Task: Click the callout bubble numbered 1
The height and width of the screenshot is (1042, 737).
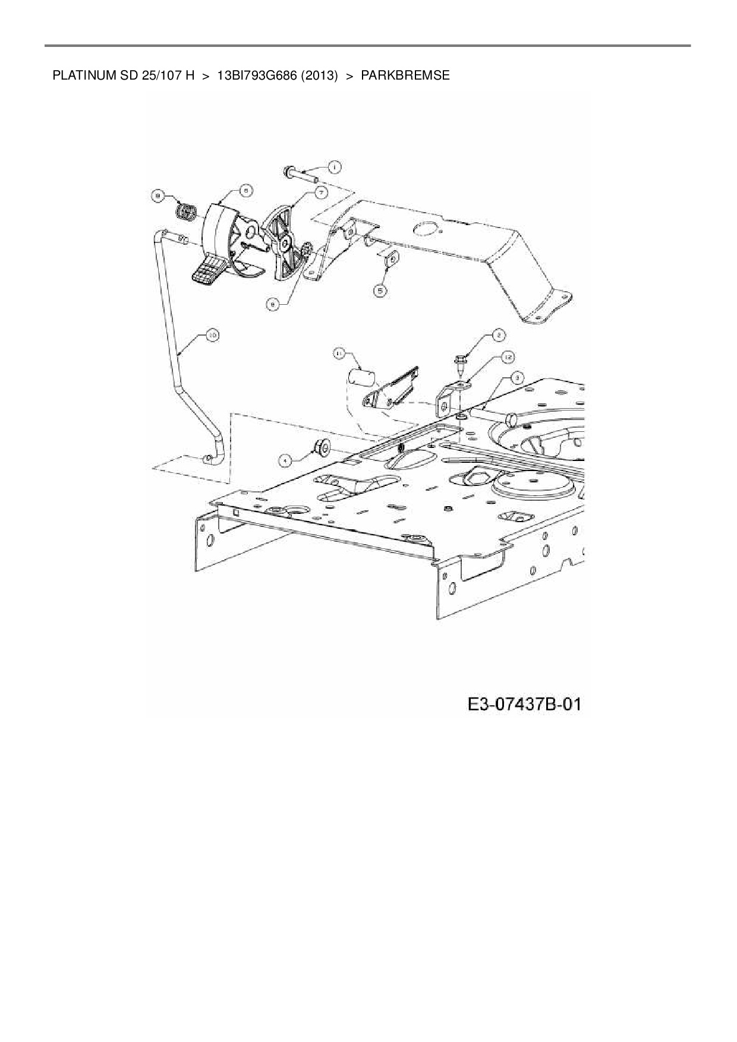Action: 333,167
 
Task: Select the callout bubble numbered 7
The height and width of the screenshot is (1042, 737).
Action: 320,192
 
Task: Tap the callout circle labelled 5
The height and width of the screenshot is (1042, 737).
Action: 380,290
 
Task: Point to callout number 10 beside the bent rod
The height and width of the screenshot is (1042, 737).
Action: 212,336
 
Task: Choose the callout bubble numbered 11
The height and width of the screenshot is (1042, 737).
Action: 339,354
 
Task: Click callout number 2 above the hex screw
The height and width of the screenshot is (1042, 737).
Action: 497,336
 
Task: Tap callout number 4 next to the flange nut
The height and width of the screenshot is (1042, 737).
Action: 286,459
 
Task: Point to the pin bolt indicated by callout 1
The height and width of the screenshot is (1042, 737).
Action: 301,173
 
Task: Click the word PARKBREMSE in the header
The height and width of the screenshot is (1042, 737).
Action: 405,76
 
